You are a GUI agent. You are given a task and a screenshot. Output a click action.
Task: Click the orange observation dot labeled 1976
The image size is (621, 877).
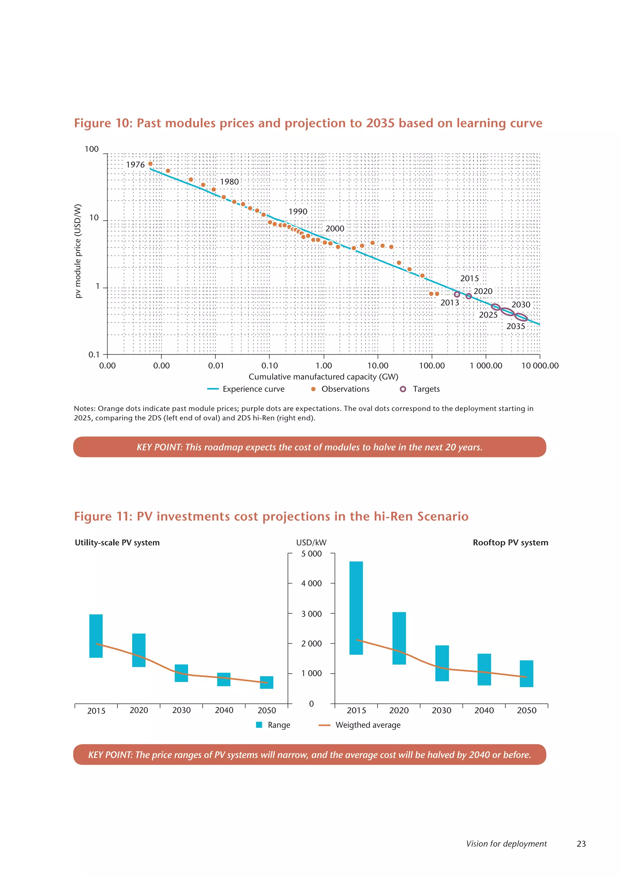click(150, 164)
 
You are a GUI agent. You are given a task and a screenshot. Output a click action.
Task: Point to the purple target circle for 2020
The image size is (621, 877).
click(468, 296)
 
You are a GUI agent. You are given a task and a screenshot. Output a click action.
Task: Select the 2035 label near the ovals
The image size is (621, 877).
click(515, 326)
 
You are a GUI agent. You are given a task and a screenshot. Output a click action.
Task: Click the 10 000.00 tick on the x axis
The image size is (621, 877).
click(539, 366)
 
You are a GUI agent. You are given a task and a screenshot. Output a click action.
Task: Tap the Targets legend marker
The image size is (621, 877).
click(403, 389)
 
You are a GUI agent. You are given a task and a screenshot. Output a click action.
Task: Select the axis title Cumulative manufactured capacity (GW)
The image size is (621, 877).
click(323, 377)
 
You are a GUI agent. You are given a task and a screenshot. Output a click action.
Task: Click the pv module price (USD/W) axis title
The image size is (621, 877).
click(78, 251)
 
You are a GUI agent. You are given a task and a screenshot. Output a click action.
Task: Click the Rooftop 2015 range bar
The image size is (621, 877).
click(356, 608)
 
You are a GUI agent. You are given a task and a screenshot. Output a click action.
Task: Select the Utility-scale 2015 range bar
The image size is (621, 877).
click(96, 636)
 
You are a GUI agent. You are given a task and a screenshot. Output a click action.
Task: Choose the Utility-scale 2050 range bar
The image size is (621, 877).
click(267, 682)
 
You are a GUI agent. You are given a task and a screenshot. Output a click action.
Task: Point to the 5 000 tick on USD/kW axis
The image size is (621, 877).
click(311, 554)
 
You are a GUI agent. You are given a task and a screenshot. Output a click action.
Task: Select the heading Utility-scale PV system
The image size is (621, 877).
click(117, 543)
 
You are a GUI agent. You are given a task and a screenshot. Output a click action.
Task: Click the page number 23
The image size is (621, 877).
click(581, 844)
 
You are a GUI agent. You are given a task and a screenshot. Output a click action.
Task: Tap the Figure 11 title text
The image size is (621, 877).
click(271, 516)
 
